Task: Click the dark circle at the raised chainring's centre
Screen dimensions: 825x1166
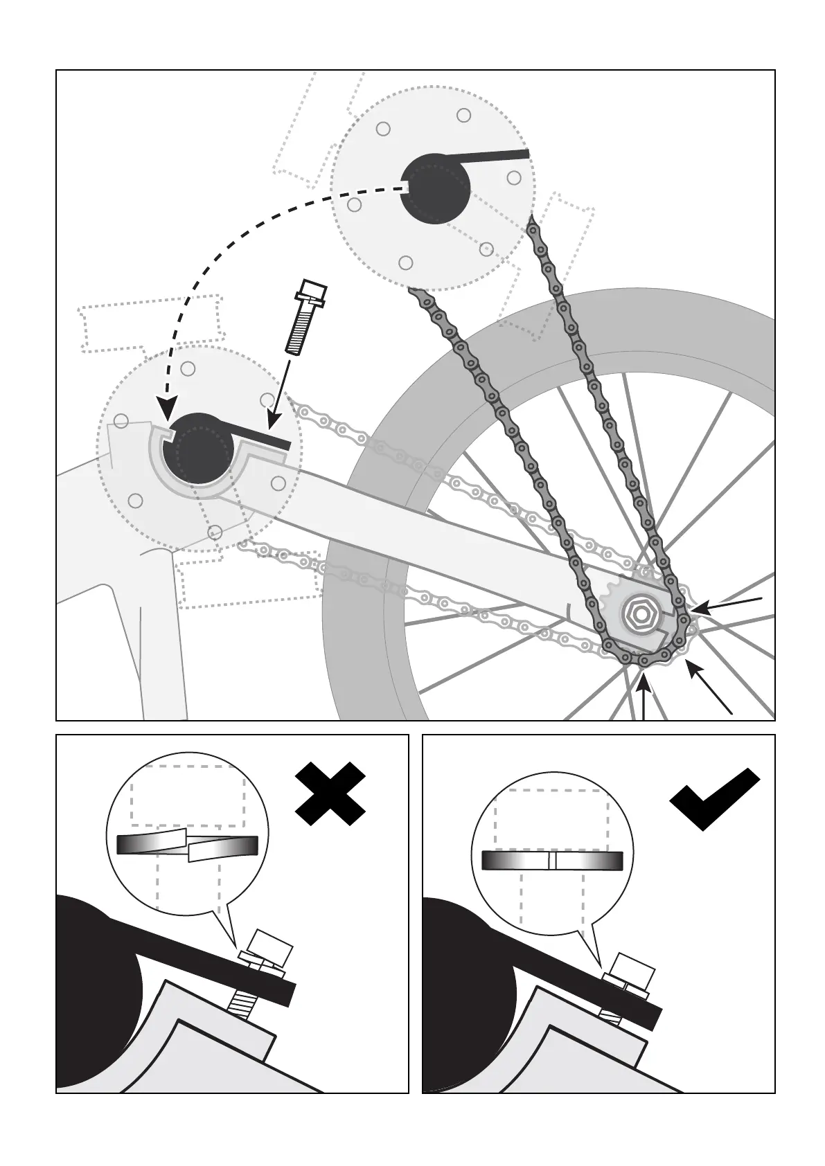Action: [435, 188]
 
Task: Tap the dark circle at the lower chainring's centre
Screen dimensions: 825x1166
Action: [197, 449]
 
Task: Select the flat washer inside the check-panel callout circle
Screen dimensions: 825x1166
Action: [552, 860]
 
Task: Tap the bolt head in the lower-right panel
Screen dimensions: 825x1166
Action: [633, 968]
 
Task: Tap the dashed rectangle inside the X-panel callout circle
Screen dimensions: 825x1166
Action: [187, 795]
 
